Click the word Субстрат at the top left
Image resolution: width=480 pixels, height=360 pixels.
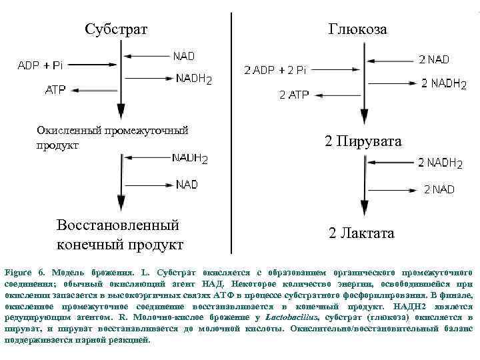click(116, 29)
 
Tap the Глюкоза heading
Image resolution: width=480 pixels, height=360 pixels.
click(357, 29)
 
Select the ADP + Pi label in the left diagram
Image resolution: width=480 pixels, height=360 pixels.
click(40, 65)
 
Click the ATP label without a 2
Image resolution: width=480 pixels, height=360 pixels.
click(55, 89)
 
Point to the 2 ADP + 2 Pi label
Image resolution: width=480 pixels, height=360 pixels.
click(275, 70)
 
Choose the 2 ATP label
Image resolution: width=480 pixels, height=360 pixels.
click(294, 95)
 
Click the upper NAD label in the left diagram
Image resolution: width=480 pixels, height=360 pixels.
click(184, 56)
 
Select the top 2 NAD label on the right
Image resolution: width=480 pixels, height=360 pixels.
click(434, 59)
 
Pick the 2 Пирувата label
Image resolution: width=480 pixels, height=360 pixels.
click(363, 141)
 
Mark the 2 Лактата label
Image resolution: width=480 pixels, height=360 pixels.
click(361, 233)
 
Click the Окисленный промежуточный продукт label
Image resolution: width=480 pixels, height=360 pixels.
click(111, 137)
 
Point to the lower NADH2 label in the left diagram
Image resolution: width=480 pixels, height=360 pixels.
click(190, 159)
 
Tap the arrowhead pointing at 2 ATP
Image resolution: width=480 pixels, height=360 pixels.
click(317, 95)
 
